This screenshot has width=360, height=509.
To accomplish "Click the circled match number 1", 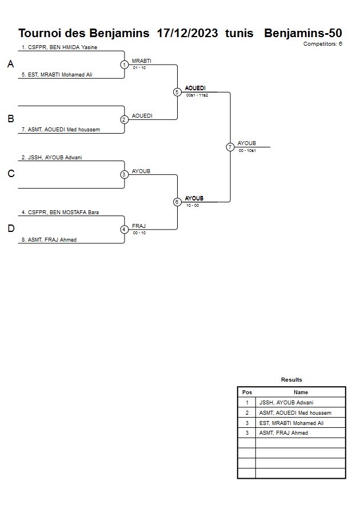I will click(x=124, y=65).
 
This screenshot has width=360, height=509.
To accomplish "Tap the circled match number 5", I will click(x=177, y=92).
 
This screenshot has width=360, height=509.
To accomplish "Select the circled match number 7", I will click(x=230, y=147).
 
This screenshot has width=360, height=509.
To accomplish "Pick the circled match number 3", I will click(x=124, y=174).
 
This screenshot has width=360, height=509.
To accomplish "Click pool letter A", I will click(x=10, y=65).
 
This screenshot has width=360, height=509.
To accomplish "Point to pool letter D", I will click(x=10, y=229).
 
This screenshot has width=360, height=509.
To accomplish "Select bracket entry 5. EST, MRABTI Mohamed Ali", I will click(x=57, y=75).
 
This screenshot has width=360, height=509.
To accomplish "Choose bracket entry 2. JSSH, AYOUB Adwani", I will click(x=52, y=157).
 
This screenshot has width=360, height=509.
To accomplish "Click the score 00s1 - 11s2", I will click(x=197, y=95).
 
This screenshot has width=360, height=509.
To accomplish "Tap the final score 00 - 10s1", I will click(x=247, y=150).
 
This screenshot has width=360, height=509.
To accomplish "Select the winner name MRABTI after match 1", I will click(x=142, y=61).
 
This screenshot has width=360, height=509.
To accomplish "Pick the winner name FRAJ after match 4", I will click(x=139, y=226).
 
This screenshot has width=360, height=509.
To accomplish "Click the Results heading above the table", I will click(x=291, y=380).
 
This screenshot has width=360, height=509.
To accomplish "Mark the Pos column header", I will click(x=247, y=392).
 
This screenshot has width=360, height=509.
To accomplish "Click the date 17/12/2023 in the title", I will click(x=187, y=33).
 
